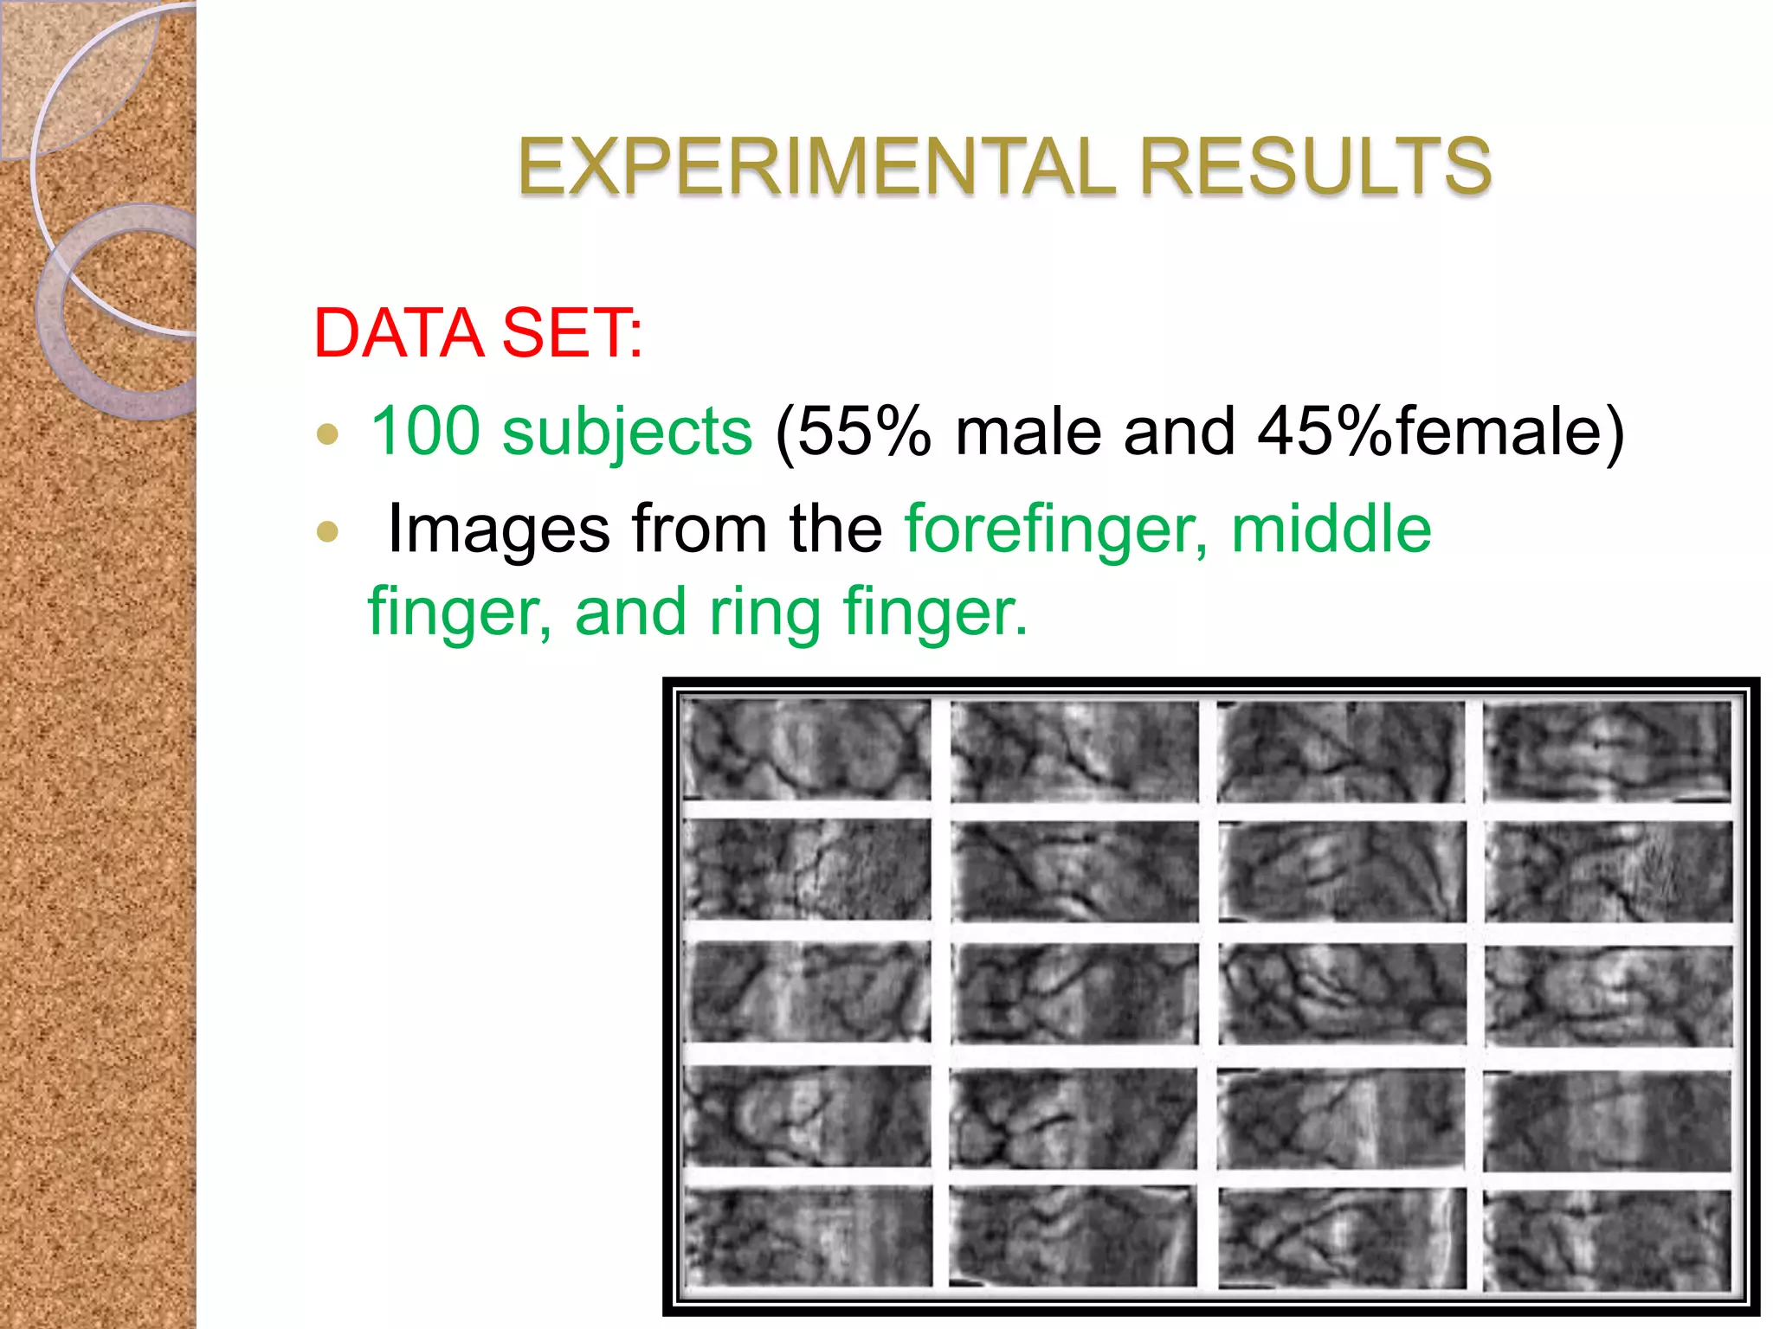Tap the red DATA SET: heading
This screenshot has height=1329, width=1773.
[x=478, y=333]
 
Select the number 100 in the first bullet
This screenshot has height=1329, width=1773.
[x=425, y=431]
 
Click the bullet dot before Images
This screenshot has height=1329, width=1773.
[x=327, y=530]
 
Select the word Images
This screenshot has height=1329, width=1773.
[x=499, y=530]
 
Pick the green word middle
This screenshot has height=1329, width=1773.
[x=1331, y=528]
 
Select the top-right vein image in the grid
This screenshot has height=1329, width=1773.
[x=1608, y=750]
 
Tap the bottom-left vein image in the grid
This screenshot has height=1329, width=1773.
[x=808, y=1236]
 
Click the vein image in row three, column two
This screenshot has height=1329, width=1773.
[x=1074, y=992]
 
